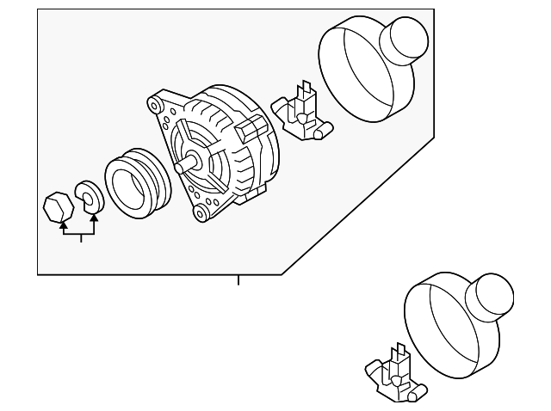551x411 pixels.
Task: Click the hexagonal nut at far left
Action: coord(58,206)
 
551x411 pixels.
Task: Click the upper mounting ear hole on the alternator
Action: coord(156,107)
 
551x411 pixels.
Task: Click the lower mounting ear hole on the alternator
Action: coord(200,211)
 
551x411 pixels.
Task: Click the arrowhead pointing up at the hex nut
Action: coord(63,226)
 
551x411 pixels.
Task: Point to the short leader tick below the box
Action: coord(238,279)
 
